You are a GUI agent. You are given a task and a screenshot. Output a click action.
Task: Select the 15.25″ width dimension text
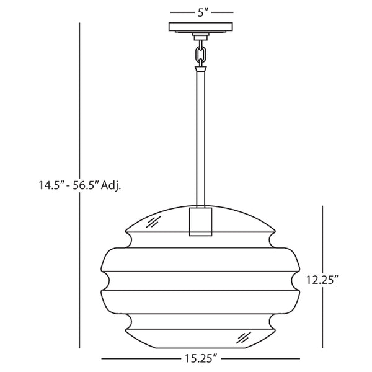tap(200, 358)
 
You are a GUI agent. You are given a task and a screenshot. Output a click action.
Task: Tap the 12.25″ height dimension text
tap(322, 280)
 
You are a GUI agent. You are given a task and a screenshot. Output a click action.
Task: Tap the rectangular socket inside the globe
tap(200, 220)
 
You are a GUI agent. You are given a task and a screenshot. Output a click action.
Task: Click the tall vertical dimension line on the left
tap(80, 93)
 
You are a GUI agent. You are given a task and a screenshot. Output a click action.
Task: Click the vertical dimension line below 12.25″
tap(322, 319)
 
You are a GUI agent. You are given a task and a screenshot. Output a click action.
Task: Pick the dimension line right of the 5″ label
tap(223, 12)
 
